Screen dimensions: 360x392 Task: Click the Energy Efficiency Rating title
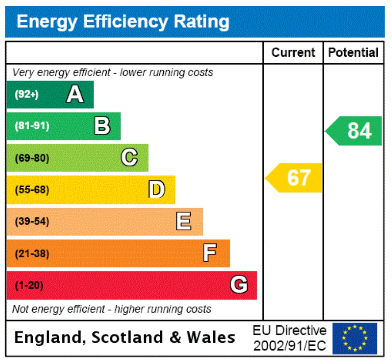pyautogui.click(x=123, y=21)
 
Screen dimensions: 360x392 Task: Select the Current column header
pyautogui.click(x=293, y=53)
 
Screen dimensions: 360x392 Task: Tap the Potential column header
pyautogui.click(x=353, y=53)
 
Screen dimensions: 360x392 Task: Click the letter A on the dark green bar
pyautogui.click(x=75, y=94)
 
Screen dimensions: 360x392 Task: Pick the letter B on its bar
pyautogui.click(x=102, y=126)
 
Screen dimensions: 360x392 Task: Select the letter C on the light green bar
pyautogui.click(x=129, y=158)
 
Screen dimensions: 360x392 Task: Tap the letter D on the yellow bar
pyautogui.click(x=156, y=190)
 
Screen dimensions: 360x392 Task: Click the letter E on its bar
pyautogui.click(x=184, y=221)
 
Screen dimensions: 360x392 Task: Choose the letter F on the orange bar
pyautogui.click(x=210, y=253)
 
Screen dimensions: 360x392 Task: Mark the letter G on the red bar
pyautogui.click(x=238, y=285)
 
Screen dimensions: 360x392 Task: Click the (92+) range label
pyautogui.click(x=27, y=94)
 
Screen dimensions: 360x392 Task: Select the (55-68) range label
pyautogui.click(x=32, y=190)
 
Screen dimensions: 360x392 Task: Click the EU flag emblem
pyautogui.click(x=355, y=338)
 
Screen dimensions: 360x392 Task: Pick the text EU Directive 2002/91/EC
pyautogui.click(x=289, y=338)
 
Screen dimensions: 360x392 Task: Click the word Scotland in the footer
pyautogui.click(x=128, y=338)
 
